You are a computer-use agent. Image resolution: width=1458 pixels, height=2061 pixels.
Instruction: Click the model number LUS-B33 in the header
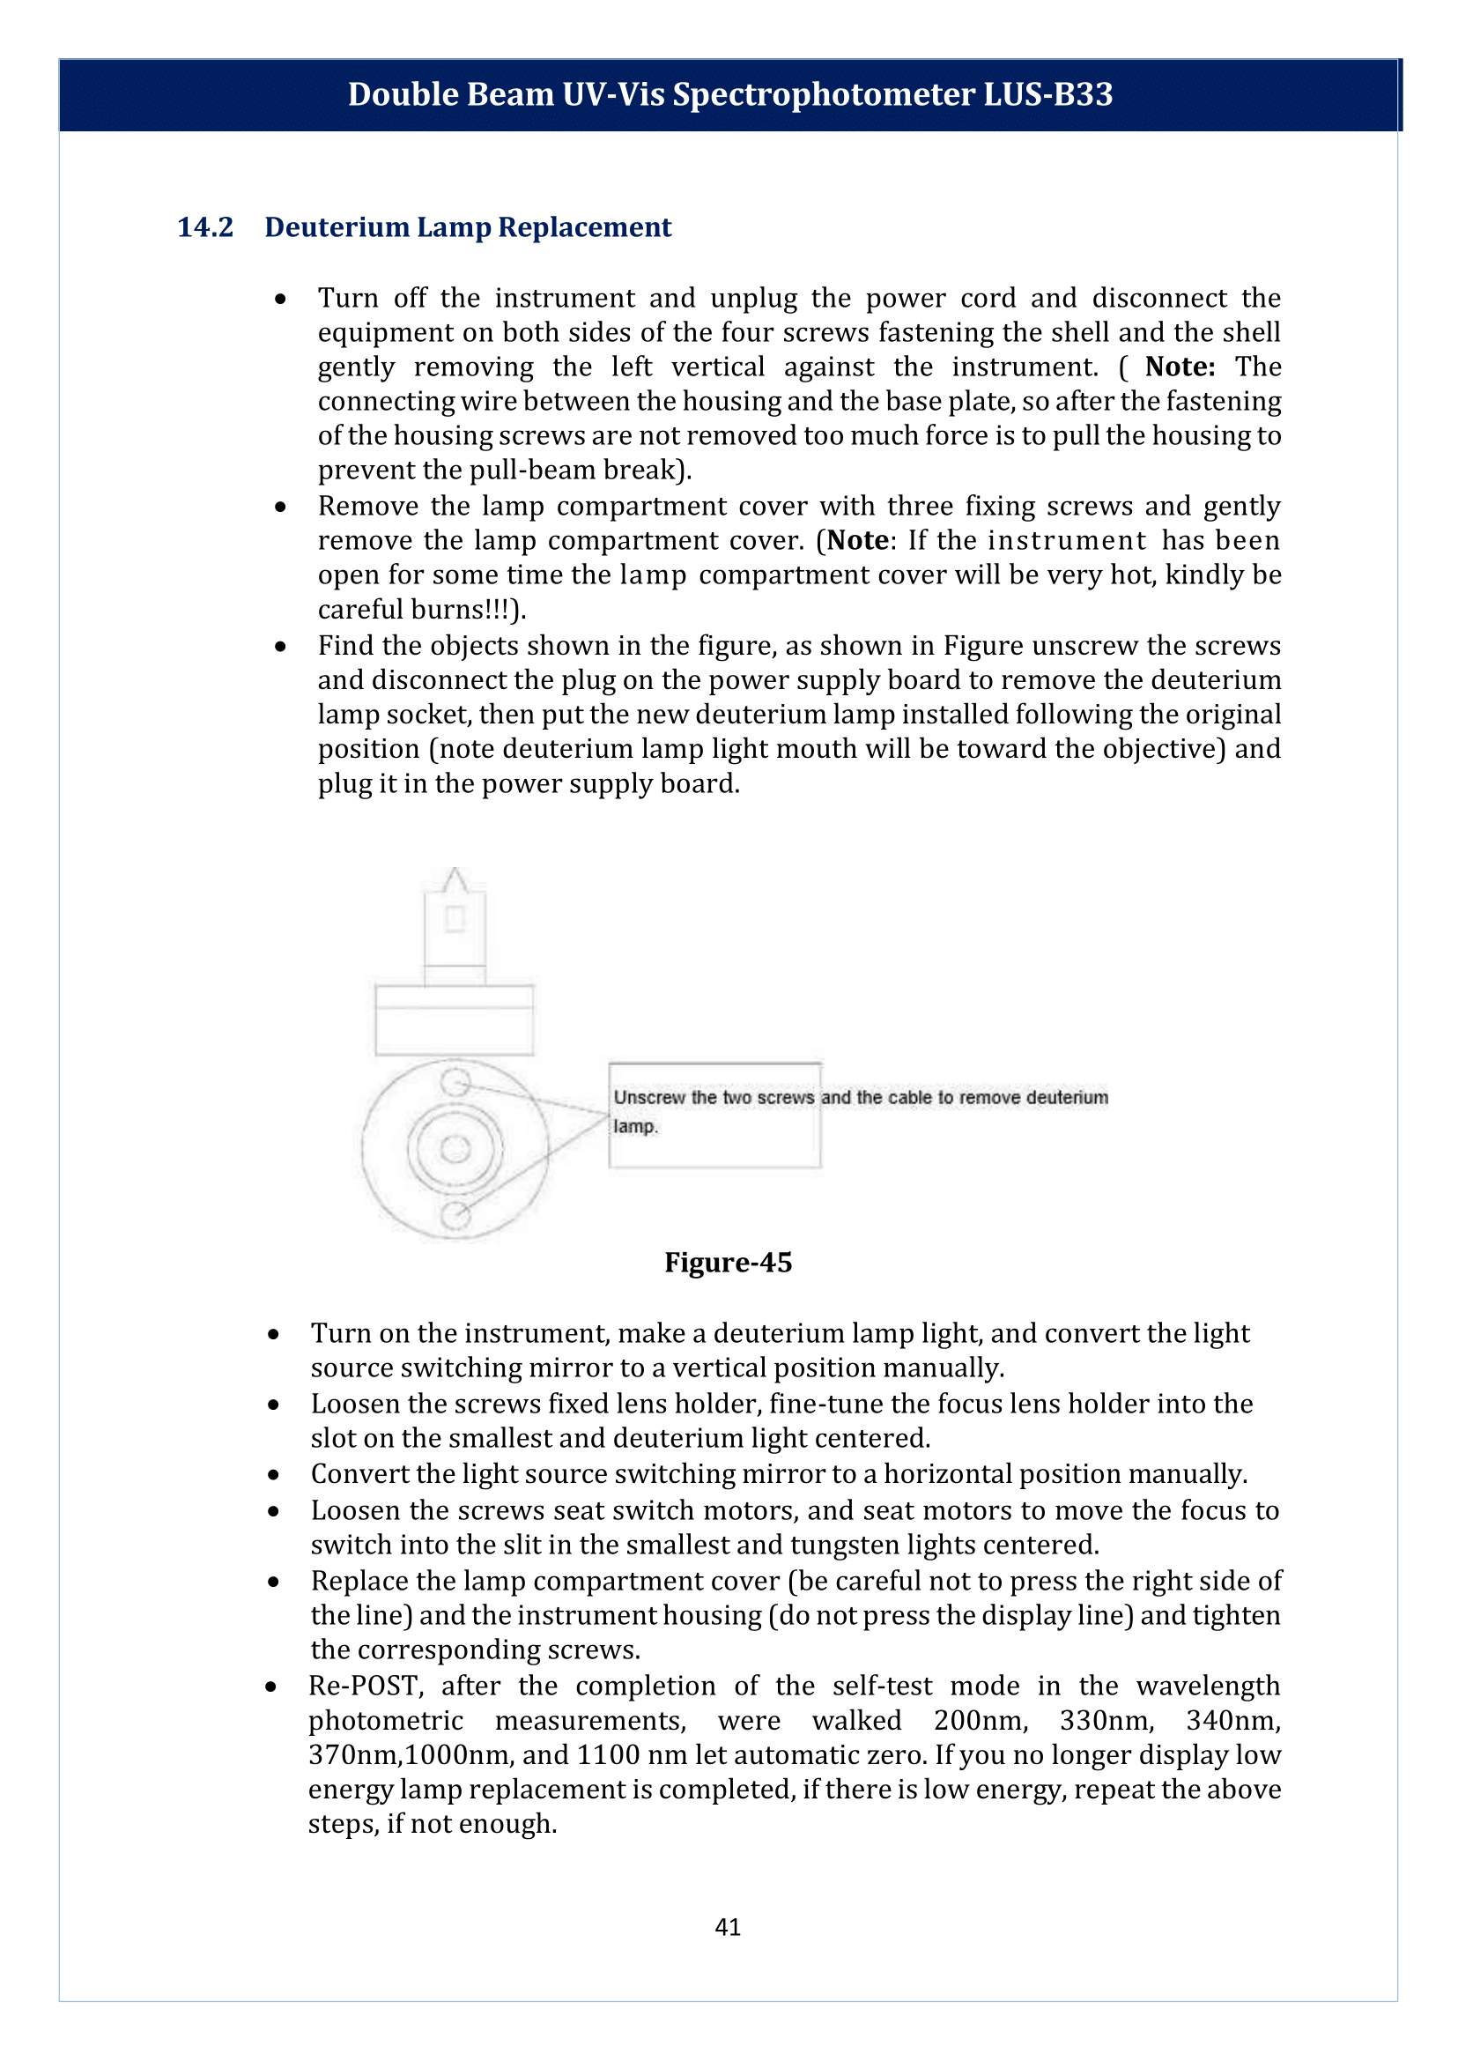(1047, 94)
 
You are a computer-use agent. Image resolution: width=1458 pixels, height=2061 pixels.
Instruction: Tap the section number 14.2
(204, 227)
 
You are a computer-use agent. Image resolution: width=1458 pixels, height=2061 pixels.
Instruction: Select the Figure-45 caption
(728, 1262)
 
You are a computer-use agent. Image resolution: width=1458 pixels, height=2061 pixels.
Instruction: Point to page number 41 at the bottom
(728, 1927)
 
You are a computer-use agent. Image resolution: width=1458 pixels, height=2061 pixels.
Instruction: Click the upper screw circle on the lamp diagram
(455, 1082)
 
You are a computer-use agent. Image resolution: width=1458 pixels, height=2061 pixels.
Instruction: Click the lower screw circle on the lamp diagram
(455, 1215)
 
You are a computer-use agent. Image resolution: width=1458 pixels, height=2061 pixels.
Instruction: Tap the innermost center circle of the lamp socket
(455, 1149)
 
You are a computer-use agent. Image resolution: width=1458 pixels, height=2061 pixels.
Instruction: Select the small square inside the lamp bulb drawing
(455, 919)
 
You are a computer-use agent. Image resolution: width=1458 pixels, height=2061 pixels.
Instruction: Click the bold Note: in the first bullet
(1180, 367)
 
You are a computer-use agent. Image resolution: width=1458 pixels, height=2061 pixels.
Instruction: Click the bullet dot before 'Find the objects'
(281, 647)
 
